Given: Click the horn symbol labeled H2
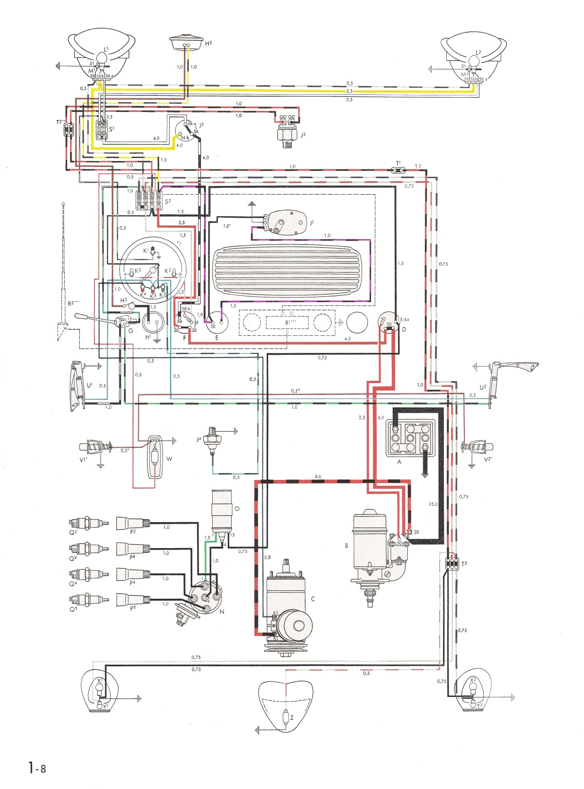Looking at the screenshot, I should (186, 41).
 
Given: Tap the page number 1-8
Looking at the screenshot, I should (37, 769).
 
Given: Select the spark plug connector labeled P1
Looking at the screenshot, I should (132, 599).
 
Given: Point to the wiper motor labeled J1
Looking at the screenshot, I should (285, 222).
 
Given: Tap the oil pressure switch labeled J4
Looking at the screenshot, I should (212, 438).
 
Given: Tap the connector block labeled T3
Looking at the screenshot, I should (452, 563).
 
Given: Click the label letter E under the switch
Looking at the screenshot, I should (217, 337).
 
